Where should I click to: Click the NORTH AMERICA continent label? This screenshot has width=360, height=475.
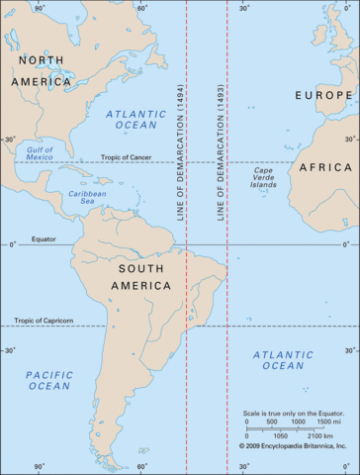coord(43,70)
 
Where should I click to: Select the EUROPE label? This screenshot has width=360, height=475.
coord(324,95)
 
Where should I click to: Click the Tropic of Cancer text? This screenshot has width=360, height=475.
coord(127,158)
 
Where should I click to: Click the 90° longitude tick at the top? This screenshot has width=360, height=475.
coord(40,7)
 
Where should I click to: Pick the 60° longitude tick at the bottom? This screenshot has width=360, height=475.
coord(142,466)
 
